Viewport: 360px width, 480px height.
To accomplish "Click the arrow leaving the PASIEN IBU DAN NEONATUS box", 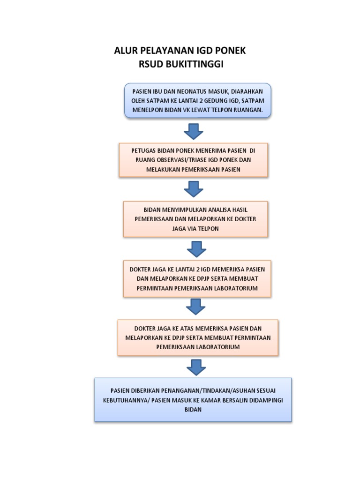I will coord(193,132).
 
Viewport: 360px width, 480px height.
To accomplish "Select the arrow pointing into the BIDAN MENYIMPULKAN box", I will coord(193,189).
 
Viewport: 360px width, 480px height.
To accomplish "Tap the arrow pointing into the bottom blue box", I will coord(196,367).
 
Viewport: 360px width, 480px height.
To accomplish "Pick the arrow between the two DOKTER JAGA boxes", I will coord(195,307).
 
